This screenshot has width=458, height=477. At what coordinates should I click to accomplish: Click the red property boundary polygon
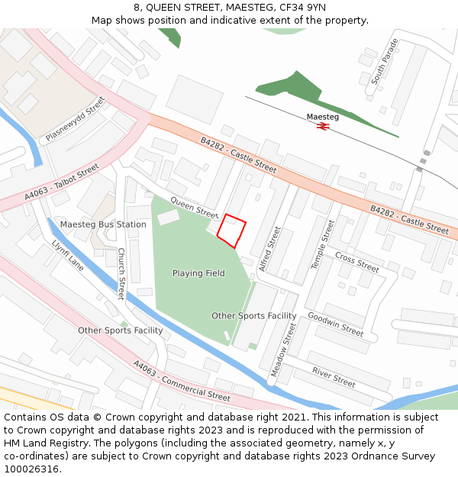pyautogui.click(x=232, y=230)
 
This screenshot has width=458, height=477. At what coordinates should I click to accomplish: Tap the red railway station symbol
pyautogui.click(x=323, y=127)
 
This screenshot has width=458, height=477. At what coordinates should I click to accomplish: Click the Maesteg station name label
pyautogui.click(x=323, y=117)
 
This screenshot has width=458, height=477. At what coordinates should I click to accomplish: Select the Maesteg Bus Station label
pyautogui.click(x=103, y=224)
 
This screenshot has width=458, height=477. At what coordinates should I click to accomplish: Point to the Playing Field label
pyautogui.click(x=198, y=273)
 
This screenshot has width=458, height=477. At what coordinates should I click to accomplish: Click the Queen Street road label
pyautogui.click(x=195, y=205)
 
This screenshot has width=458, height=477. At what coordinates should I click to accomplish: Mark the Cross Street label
pyautogui.click(x=357, y=263)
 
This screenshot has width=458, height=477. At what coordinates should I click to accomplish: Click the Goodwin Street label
pyautogui.click(x=336, y=324)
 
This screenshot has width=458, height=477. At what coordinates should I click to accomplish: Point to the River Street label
pyautogui.click(x=334, y=376)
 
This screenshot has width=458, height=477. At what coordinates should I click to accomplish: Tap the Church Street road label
pyautogui.click(x=121, y=273)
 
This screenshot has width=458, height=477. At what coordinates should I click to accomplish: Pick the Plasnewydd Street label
pyautogui.click(x=76, y=119)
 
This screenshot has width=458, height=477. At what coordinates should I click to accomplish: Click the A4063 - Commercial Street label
pyautogui.click(x=182, y=381)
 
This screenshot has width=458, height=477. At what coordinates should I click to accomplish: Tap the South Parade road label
pyautogui.click(x=385, y=61)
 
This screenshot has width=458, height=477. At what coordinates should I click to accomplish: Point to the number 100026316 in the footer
pyautogui.click(x=31, y=469)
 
